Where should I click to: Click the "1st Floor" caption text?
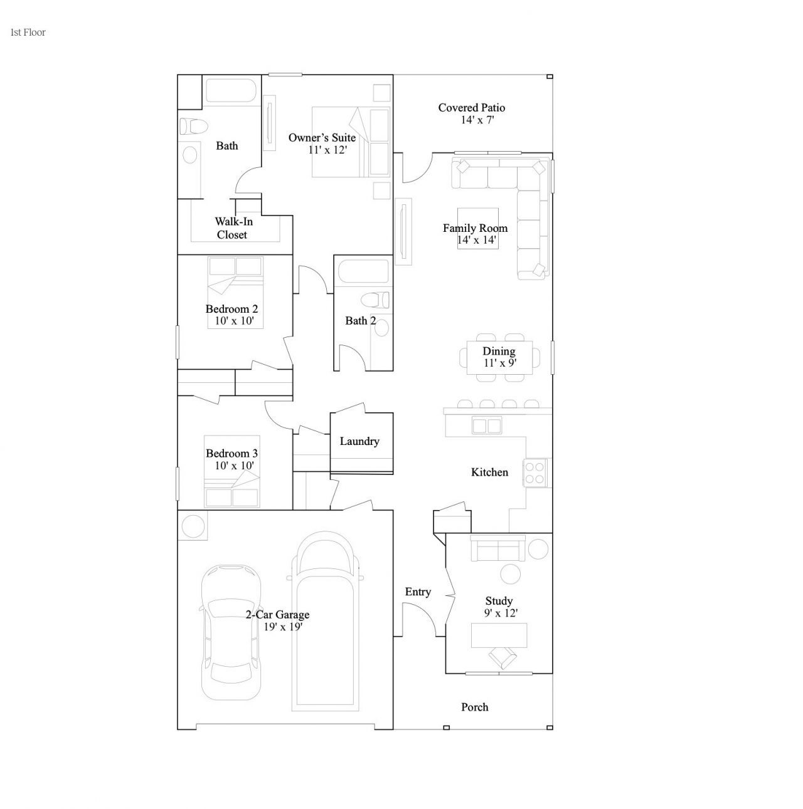[28, 33]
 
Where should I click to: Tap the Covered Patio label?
[471, 108]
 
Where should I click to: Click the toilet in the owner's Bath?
[194, 127]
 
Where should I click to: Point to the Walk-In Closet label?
[233, 228]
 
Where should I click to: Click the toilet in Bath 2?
[375, 300]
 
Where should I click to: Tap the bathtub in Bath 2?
[363, 271]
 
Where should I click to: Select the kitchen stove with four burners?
[534, 472]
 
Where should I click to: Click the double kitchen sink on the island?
[486, 425]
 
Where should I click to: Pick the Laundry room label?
[359, 441]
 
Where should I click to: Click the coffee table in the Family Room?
[477, 228]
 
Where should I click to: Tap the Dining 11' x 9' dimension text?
[500, 363]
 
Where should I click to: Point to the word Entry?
[418, 592]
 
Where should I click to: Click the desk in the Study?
[499, 635]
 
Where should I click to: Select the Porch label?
[475, 707]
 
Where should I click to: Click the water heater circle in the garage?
[193, 525]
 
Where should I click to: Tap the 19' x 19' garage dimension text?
[283, 627]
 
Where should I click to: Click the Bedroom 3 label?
[231, 454]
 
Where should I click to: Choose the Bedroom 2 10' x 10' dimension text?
[234, 321]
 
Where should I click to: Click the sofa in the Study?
[498, 548]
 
